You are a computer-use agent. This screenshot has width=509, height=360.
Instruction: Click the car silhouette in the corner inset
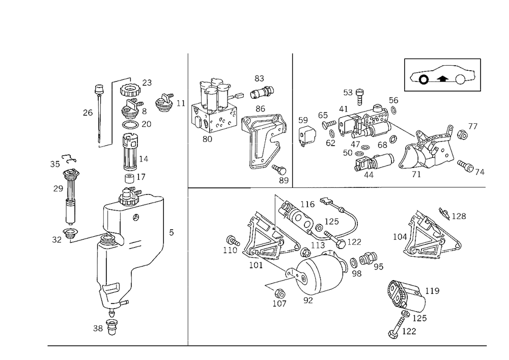[x=442, y=75]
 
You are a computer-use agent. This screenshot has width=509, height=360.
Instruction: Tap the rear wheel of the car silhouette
[x=462, y=79]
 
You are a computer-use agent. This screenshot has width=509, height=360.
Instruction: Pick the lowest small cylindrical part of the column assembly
[x=111, y=326]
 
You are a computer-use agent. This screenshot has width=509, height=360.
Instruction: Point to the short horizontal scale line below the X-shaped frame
[x=344, y=186]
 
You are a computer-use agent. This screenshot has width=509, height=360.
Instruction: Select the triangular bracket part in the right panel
[x=428, y=234]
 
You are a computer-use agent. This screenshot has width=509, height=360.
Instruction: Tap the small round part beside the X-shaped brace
[x=462, y=133]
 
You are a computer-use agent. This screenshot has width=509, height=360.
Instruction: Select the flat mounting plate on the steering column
[x=130, y=201]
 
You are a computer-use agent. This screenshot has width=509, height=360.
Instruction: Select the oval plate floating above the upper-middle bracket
[x=261, y=92]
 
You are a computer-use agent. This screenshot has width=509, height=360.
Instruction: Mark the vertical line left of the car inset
[x=404, y=74]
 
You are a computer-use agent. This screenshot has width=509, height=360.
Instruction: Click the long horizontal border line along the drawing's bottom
[x=265, y=345]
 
